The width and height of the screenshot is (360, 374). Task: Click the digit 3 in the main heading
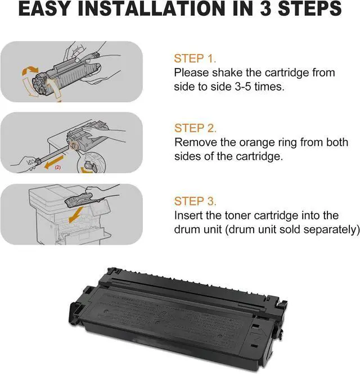tap(265, 8)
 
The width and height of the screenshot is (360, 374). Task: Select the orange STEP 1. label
tap(195, 58)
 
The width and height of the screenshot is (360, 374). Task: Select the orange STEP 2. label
tap(195, 128)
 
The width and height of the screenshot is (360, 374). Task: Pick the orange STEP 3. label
tap(195, 201)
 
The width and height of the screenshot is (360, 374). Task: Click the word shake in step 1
tap(227, 73)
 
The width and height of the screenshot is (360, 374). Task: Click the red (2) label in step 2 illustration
tap(58, 168)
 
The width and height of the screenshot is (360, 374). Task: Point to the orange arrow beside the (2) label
tap(54, 161)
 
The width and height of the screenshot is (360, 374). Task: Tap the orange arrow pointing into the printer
tap(76, 215)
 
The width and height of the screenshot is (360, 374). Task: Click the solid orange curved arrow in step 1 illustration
tap(30, 71)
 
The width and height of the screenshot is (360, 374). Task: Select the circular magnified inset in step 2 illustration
tap(92, 163)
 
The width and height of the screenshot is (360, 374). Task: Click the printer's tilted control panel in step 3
tap(101, 208)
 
